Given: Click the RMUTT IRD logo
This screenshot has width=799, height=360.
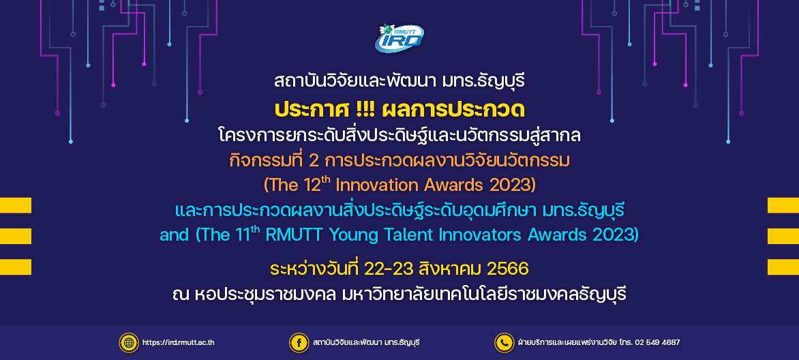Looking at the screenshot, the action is coord(399,38).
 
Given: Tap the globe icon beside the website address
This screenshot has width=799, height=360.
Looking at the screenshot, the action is coord(129,343).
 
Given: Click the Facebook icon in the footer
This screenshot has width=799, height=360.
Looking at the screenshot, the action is coord(299,343).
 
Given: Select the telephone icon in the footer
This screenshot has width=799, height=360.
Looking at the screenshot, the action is coord(504,343).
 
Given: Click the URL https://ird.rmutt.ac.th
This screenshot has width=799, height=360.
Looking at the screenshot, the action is coord(179,343).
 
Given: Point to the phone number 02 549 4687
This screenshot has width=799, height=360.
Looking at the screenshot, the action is coord(657,343).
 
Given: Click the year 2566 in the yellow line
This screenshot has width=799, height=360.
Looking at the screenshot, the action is coord(508,269).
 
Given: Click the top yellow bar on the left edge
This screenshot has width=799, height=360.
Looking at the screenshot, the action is coord(16,205).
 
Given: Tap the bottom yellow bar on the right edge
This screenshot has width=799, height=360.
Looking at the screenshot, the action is coord(783,267).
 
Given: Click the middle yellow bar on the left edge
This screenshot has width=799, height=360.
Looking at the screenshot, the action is coord(16,236).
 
